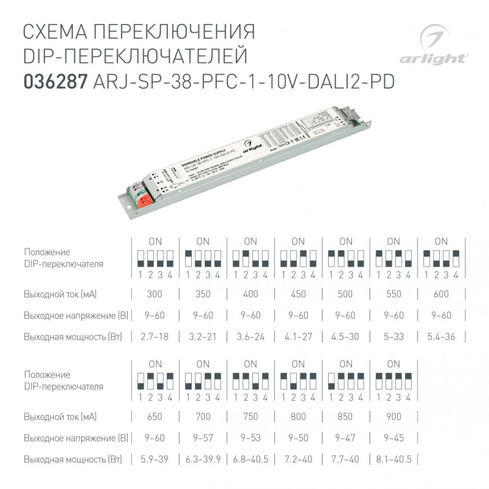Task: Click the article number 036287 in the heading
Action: tap(55, 81)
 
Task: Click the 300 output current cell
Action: tap(155, 294)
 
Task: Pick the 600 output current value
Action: tap(441, 294)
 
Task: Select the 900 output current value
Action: tap(393, 417)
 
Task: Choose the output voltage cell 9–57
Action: tap(203, 438)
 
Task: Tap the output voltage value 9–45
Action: tap(393, 438)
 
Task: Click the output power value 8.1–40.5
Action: tap(393, 459)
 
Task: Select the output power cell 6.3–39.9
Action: tap(203, 459)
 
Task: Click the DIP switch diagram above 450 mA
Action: tap(298, 258)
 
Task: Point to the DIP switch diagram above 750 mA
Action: tap(250, 380)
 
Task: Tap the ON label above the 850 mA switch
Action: tap(346, 364)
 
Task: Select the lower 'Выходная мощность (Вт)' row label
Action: tap(73, 459)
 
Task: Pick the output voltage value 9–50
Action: tap(298, 438)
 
